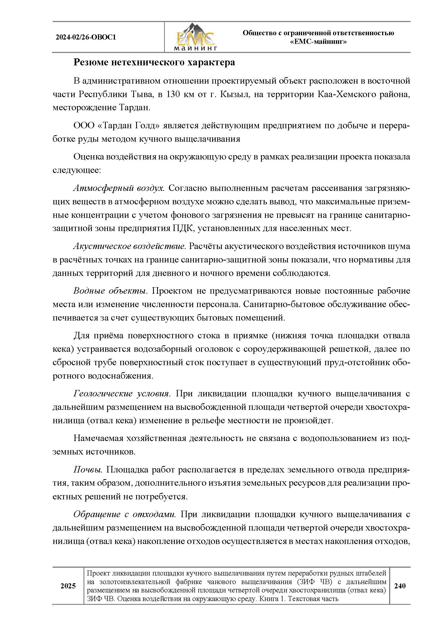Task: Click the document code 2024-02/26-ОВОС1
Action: [x=86, y=37]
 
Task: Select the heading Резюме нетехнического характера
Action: [x=154, y=62]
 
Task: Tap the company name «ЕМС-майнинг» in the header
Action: [x=318, y=42]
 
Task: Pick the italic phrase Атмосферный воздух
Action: [x=119, y=188]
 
